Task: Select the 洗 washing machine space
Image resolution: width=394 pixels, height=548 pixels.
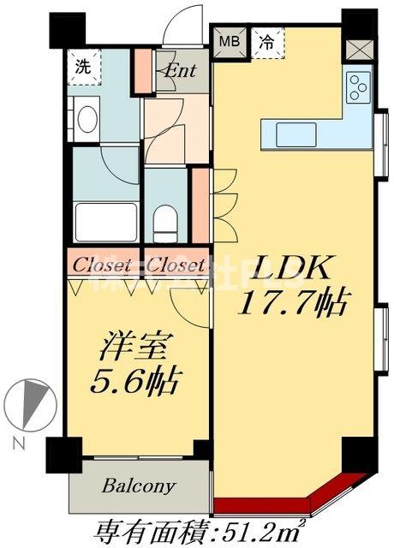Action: (83, 66)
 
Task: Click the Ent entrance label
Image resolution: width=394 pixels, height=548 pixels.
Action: (181, 70)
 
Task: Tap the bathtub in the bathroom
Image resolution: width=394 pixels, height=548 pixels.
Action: (105, 222)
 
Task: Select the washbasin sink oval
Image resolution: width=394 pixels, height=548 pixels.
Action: (86, 119)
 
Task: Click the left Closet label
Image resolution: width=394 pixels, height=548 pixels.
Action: (102, 265)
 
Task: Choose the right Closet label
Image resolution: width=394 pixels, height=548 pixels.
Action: (175, 265)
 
